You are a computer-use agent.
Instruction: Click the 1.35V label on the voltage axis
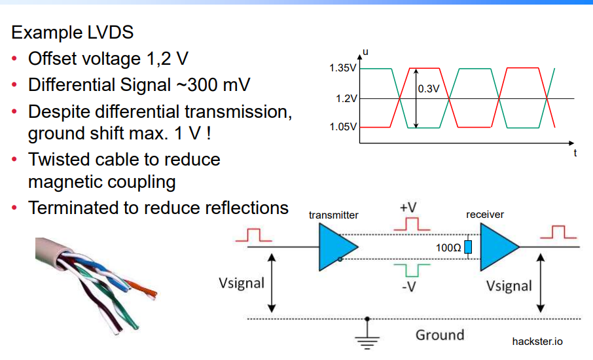[342, 69]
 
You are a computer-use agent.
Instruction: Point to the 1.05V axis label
[342, 127]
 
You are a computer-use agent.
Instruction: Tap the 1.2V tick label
[345, 99]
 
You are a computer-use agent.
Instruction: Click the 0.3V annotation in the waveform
[429, 89]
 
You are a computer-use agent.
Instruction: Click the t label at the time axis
[575, 153]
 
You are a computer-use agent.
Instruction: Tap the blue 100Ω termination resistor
[468, 247]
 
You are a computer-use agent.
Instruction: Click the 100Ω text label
[448, 248]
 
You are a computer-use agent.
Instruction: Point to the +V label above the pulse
[408, 207]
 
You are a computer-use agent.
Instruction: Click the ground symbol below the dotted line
[368, 336]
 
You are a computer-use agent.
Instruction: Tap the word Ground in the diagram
[440, 335]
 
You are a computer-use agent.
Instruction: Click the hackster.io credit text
[537, 341]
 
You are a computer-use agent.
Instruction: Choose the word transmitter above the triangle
[334, 215]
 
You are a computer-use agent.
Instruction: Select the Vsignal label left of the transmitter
[242, 283]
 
